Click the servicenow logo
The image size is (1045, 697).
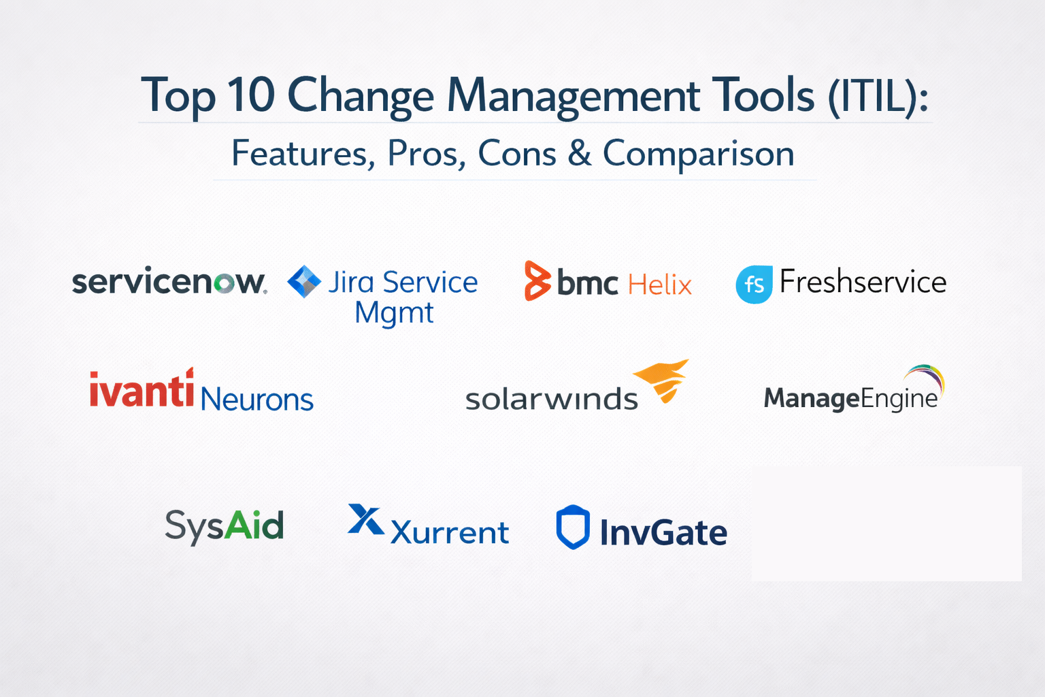(169, 281)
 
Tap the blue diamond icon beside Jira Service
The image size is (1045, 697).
(304, 282)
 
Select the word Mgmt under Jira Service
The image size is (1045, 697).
(394, 313)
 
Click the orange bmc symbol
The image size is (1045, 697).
(537, 280)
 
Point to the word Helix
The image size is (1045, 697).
(660, 285)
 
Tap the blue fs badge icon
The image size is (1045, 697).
(754, 285)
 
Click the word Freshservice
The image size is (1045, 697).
(863, 282)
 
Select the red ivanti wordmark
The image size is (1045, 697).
(142, 389)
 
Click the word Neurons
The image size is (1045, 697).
(257, 399)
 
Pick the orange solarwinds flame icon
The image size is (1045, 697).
(663, 380)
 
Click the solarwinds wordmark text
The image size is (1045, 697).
(552, 399)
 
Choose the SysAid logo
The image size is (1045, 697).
(225, 527)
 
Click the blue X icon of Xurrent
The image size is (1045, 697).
(366, 519)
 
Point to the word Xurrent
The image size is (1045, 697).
(450, 532)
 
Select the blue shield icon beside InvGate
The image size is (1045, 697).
(573, 527)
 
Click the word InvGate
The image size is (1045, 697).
(664, 532)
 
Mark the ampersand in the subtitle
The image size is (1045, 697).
(580, 153)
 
